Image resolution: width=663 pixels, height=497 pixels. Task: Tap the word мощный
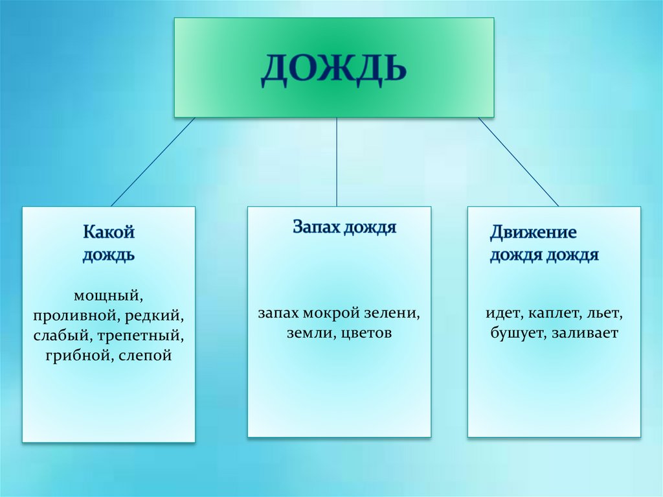pyautogui.click(x=108, y=296)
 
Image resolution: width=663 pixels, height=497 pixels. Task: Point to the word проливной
pyautogui.click(x=69, y=317)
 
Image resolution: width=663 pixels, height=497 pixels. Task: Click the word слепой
pyautogui.click(x=145, y=356)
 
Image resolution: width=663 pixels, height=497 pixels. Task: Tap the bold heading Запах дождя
pyautogui.click(x=344, y=227)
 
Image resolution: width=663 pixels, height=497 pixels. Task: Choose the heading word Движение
pyautogui.click(x=533, y=232)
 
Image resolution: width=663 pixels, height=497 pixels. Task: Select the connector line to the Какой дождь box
pyautogui.click(x=153, y=162)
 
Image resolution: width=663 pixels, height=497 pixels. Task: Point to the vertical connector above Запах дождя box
pyautogui.click(x=337, y=162)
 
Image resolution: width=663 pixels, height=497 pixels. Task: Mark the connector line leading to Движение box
pyautogui.click(x=518, y=162)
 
